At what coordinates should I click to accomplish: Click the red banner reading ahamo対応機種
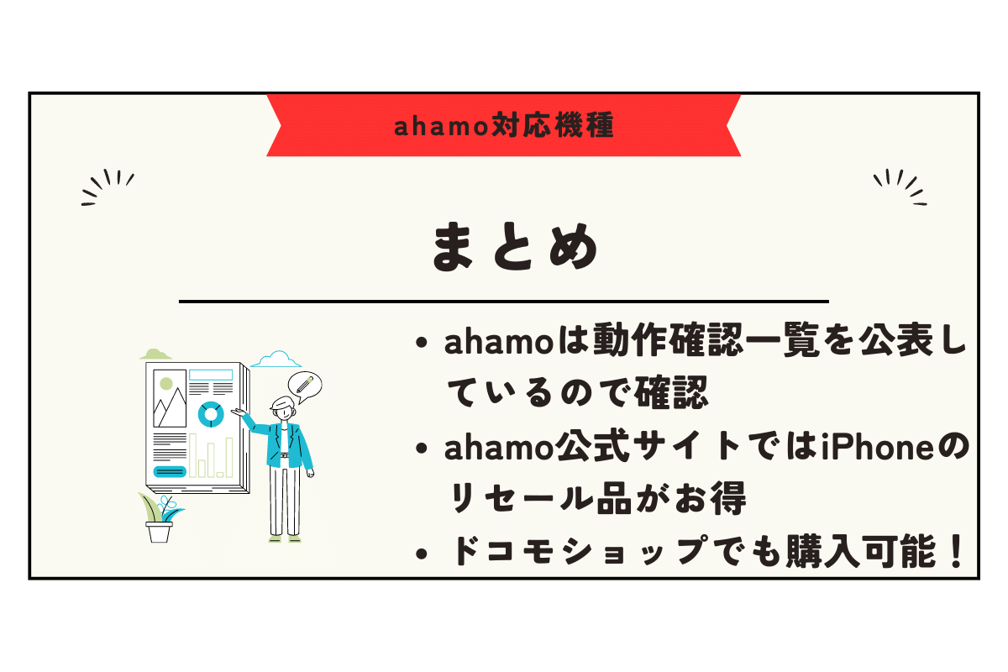point(504,126)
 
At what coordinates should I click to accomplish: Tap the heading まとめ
point(515,248)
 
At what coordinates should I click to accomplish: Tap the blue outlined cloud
point(276,360)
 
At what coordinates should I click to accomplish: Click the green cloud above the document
point(156,354)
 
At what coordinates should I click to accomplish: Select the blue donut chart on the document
point(209,413)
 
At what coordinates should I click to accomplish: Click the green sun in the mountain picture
point(165,384)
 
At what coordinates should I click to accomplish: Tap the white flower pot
point(159,532)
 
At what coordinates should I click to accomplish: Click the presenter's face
point(282,412)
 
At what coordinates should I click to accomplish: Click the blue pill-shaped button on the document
point(171,471)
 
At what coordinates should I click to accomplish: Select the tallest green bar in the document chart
point(193,455)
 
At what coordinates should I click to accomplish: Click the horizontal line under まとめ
point(504,301)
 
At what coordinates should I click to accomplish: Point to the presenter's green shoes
point(283,538)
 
